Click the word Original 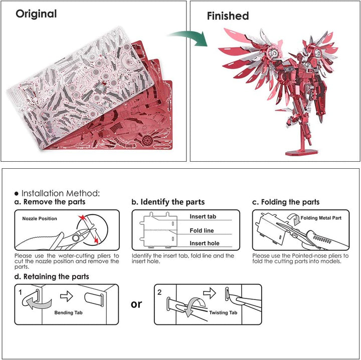coord(36,14)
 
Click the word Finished coord(228,16)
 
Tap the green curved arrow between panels coord(191,38)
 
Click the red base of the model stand coord(302,152)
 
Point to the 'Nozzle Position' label coord(40,219)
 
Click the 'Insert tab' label coord(203,217)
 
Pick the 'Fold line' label coord(202,231)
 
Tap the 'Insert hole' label coord(205,243)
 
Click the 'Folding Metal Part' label coord(321,218)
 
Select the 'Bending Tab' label coord(68,312)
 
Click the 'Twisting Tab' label coord(223,312)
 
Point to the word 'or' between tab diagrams coord(136,304)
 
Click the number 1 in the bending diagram coord(20,292)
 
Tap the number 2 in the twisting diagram coord(159,292)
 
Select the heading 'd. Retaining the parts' coord(52,276)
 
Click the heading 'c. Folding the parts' coord(286,202)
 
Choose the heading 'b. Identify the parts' coord(168,202)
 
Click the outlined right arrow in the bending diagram coord(67,296)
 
